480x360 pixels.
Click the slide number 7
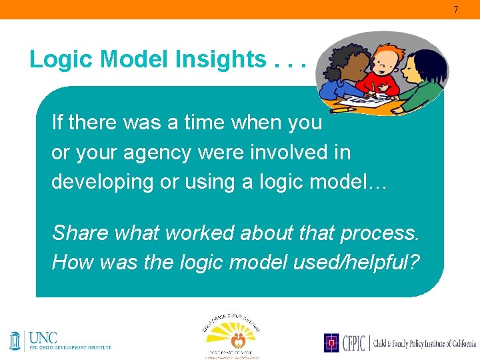click(456, 10)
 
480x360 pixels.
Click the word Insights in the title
click(221, 60)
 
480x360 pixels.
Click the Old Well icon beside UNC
click(15, 341)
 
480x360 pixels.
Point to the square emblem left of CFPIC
click(331, 343)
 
